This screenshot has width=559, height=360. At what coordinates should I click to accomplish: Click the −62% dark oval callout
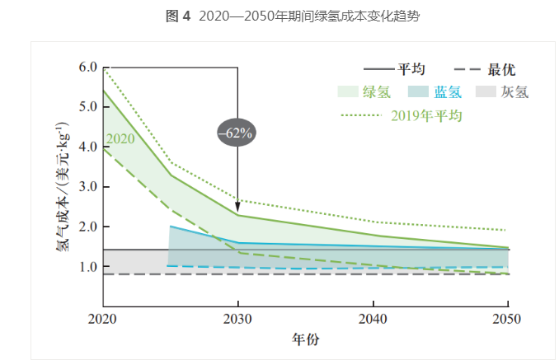tap(237, 132)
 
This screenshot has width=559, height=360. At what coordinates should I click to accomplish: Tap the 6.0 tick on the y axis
tap(87, 67)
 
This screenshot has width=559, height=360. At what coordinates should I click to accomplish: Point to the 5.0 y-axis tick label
tap(87, 107)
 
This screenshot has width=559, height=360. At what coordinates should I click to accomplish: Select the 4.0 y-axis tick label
tap(87, 147)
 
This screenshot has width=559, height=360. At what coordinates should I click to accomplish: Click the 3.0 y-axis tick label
tap(87, 187)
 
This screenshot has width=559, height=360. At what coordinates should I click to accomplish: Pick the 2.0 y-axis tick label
tap(87, 227)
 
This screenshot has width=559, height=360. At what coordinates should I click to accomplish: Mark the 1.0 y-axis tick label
tap(87, 267)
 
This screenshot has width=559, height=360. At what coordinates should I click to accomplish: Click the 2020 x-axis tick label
tap(102, 319)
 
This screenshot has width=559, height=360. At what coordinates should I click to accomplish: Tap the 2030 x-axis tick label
tap(237, 319)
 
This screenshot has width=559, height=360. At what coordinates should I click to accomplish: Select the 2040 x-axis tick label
tap(373, 319)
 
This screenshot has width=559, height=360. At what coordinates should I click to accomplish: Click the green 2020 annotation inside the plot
tap(120, 138)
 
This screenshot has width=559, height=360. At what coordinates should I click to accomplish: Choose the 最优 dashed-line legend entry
tap(486, 70)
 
